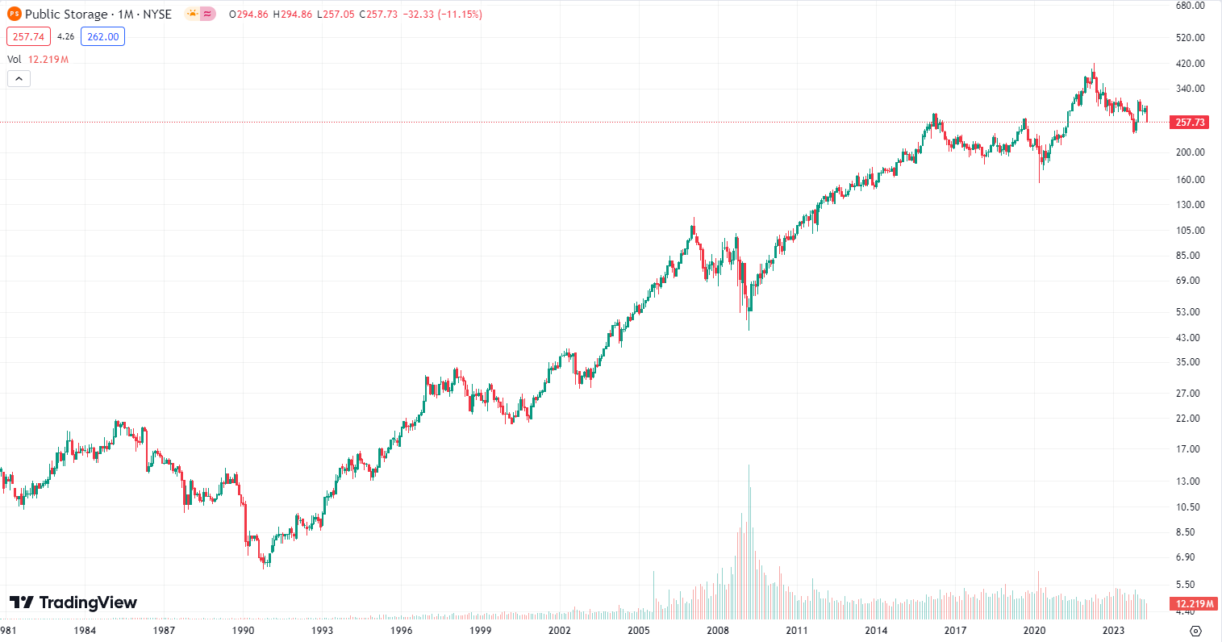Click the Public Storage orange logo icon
[x=14, y=14]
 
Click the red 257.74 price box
[x=29, y=36]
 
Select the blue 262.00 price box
[x=102, y=36]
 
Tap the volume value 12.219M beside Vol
[x=48, y=60]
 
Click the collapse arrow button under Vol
[x=19, y=78]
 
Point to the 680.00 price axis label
[x=1190, y=5]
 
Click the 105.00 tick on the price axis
[x=1190, y=230]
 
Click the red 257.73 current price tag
[x=1190, y=123]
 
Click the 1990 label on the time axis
[x=243, y=631]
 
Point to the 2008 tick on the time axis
[x=718, y=631]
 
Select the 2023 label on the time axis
[x=1113, y=631]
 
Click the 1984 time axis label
[x=85, y=631]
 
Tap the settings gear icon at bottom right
[x=1196, y=631]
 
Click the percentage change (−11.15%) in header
[x=460, y=14]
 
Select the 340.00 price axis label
[x=1190, y=89]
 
